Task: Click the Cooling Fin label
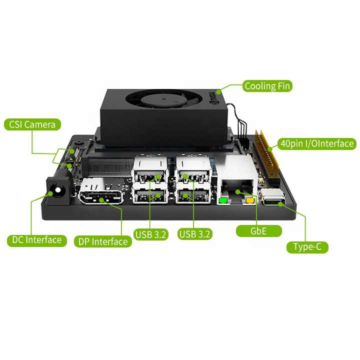pyautogui.click(x=267, y=86)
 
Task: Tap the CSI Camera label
pyautogui.click(x=32, y=124)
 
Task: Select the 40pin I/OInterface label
pyautogui.click(x=317, y=144)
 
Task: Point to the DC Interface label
pyautogui.click(x=37, y=240)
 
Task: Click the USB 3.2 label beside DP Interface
pyautogui.click(x=151, y=233)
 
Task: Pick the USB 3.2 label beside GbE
pyautogui.click(x=195, y=233)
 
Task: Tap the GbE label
pyautogui.click(x=258, y=231)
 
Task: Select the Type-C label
pyautogui.click(x=307, y=246)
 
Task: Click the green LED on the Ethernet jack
pyautogui.click(x=222, y=201)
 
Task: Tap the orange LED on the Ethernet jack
pyautogui.click(x=250, y=201)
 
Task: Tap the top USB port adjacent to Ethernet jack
pyautogui.click(x=193, y=174)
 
